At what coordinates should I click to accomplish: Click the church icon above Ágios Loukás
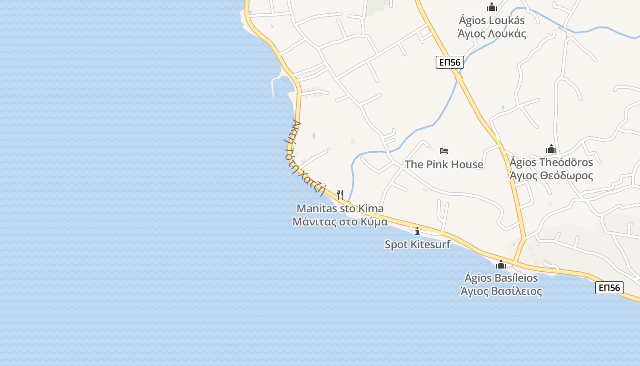point(492,7)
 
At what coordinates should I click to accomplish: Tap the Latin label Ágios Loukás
point(492,21)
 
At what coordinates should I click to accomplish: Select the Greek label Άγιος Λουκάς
point(492,33)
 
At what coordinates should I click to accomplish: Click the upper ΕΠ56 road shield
point(450,62)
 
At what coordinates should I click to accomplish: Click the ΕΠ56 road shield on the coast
point(609,288)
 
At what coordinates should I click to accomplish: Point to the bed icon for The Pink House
point(444,151)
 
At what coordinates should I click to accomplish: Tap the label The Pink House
point(444,164)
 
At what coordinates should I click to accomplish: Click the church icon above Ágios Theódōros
point(551,149)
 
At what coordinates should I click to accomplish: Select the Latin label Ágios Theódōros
point(551,162)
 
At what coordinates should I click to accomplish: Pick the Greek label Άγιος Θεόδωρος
point(551,176)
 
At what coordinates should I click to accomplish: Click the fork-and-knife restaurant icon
point(340,195)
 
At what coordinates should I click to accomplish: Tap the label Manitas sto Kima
point(340,209)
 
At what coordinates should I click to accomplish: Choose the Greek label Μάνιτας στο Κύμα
point(340,222)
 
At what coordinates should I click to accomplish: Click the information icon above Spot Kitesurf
point(417,231)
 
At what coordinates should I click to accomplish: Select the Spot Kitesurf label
point(417,244)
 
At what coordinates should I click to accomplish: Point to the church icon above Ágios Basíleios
point(501,264)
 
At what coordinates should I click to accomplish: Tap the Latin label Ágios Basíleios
point(501,278)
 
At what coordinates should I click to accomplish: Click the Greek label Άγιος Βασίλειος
point(501,291)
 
